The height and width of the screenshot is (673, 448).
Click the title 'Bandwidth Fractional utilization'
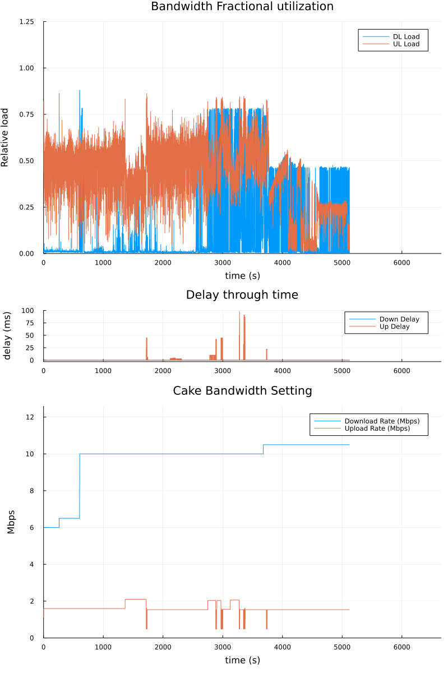(x=242, y=7)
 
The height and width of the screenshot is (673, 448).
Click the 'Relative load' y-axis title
(x=6, y=137)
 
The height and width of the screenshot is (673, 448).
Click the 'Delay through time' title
(x=242, y=295)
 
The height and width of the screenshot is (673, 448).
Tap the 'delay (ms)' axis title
(x=7, y=335)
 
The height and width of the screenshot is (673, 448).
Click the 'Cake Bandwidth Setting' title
(x=242, y=391)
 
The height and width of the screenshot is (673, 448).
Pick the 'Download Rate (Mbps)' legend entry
(x=382, y=421)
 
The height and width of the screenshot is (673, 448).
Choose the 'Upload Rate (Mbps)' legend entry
(x=377, y=428)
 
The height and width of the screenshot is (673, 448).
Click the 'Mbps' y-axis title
(x=11, y=522)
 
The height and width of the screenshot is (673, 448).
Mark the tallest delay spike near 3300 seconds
(x=239, y=313)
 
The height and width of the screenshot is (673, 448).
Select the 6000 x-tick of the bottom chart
(x=401, y=646)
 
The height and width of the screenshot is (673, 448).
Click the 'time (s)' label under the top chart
(x=242, y=276)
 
